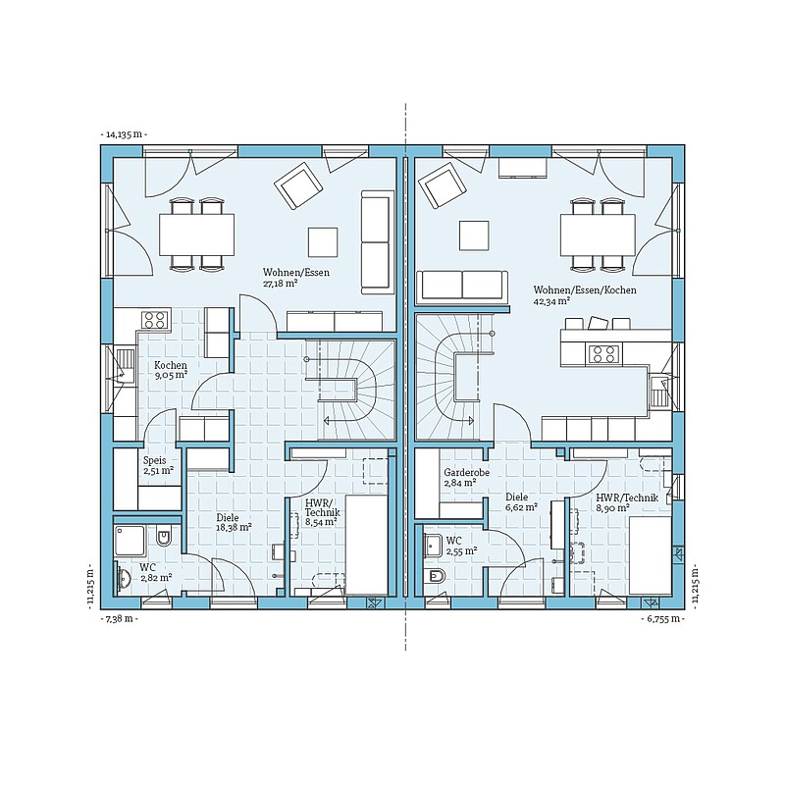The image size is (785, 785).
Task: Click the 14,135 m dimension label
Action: coord(124,134)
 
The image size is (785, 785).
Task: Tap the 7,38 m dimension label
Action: coord(120,618)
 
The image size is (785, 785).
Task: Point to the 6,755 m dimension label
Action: coord(662,618)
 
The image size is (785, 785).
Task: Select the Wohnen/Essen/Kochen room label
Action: coord(585,295)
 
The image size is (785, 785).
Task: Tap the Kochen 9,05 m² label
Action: coord(171,370)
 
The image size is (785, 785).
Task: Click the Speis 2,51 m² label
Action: coord(158,465)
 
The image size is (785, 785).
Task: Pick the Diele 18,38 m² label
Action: coord(234,522)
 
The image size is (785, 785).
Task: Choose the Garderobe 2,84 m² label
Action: coord(467,477)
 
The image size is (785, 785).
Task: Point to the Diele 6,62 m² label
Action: coord(521,501)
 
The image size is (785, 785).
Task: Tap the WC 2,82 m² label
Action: coord(156,572)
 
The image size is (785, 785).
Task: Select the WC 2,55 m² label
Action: coord(461,546)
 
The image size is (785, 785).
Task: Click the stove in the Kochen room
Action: coord(154,320)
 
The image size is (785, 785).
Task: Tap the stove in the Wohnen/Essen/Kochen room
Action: coord(603,354)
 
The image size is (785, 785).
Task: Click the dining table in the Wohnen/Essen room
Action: coord(197,235)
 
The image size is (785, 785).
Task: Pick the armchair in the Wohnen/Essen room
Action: coord(297,185)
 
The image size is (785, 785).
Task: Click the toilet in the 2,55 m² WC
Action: coord(434,577)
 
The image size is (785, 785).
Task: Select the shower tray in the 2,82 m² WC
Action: coord(130,540)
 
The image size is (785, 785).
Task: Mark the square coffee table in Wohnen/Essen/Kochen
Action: coord(475,235)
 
